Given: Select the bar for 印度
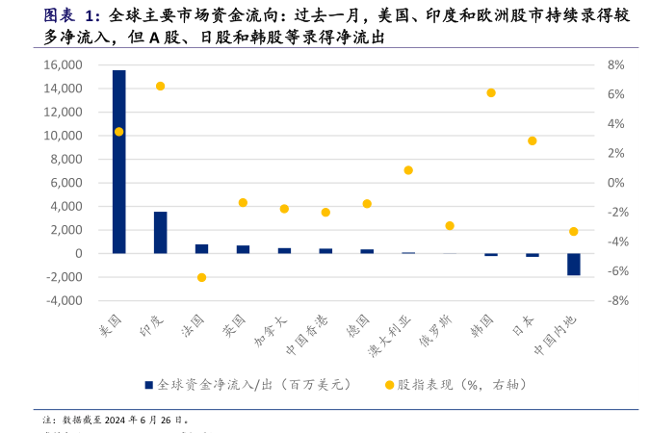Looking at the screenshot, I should coord(160,232).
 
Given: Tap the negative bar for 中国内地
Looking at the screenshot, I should coord(573,264).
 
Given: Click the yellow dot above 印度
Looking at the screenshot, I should coord(160,87).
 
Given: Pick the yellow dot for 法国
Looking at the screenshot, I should coord(201,277).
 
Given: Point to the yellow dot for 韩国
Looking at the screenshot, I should coord(491,92).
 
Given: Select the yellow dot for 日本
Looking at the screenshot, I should coord(532,140).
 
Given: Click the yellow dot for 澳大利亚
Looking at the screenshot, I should coord(408,170).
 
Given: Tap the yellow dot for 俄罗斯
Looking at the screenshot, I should coord(450,225).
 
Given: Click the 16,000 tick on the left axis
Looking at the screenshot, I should coord(62,64).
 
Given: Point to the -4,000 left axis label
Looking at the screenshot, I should coord(60,300).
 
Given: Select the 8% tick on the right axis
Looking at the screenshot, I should coord(616,64).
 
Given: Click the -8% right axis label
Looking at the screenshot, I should coord(616,300).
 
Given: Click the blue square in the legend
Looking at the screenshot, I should coord(149,385).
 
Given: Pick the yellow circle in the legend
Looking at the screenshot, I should coord(389,385).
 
